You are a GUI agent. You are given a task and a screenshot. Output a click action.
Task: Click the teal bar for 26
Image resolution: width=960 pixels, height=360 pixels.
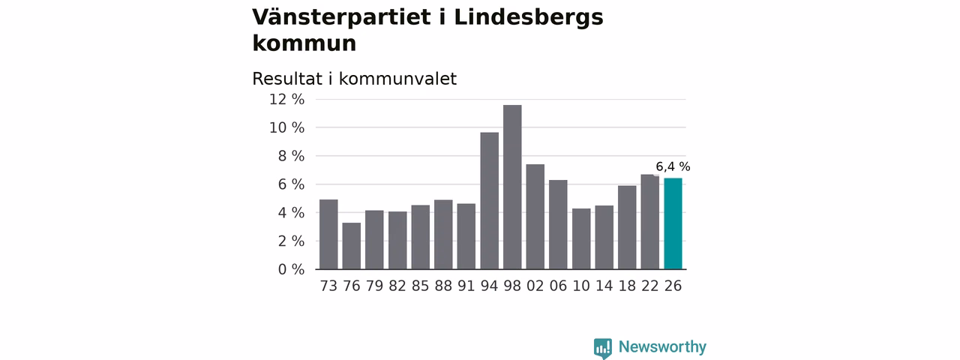pos(673,223)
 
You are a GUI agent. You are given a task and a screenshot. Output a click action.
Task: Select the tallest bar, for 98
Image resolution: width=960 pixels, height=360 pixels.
pos(512,187)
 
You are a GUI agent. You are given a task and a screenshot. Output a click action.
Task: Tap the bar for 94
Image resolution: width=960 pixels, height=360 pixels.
pos(490,201)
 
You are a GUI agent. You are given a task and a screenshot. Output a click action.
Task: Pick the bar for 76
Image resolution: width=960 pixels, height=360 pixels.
pos(352,246)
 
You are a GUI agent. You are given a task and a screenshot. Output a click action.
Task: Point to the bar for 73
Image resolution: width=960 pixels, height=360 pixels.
pos(328,235)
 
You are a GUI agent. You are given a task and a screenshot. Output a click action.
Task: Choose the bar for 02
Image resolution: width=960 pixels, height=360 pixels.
pos(535,217)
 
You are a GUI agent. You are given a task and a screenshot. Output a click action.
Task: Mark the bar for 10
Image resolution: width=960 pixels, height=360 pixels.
pos(581,239)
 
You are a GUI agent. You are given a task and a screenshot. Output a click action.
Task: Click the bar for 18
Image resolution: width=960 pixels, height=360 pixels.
pos(627,227)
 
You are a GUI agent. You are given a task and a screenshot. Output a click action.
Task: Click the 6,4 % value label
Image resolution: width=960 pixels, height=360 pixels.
pos(673,166)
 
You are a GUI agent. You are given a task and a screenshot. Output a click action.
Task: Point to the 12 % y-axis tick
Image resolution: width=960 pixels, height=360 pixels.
pos(286,100)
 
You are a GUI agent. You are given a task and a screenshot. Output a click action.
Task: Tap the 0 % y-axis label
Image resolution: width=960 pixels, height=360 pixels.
pos(292,269)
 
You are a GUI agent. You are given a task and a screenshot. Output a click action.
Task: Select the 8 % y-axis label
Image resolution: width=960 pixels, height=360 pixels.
pos(292,156)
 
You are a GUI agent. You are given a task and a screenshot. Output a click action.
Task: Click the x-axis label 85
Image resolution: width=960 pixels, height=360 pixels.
pos(421,286)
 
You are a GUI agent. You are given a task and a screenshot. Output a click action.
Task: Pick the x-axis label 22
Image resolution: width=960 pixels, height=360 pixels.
pos(649,286)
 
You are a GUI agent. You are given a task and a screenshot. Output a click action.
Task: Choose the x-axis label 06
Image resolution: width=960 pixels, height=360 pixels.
pos(558,286)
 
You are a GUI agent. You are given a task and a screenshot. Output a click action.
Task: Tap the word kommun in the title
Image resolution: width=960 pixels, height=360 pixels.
pos(304,43)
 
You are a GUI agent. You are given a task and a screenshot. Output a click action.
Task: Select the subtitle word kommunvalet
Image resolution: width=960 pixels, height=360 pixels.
pos(397,79)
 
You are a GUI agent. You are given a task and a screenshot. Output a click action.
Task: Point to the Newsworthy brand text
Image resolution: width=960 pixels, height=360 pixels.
pos(662,346)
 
